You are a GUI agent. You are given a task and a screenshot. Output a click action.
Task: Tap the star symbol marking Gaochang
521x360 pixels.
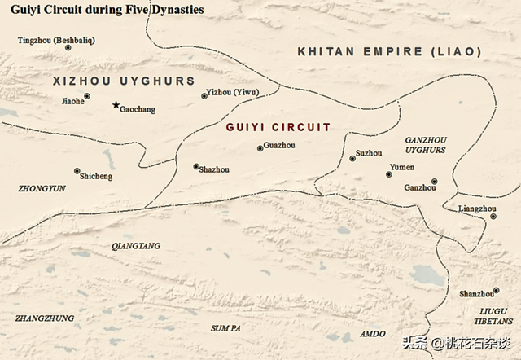116,105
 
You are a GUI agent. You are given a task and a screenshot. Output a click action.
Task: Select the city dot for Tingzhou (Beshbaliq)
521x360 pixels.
68,48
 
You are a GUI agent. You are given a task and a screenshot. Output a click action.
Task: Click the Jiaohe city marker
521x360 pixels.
87,96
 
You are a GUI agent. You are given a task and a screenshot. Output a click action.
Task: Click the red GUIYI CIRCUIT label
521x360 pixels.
278,127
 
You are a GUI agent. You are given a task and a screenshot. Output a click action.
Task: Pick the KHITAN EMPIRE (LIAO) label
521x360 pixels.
389,51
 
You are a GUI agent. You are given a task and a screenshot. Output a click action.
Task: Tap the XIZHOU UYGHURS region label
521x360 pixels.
124,81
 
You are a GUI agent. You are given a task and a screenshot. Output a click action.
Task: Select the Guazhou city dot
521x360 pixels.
260,148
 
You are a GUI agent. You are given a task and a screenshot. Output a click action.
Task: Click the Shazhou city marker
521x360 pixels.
196,166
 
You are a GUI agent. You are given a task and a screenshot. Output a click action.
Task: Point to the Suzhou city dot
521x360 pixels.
352,158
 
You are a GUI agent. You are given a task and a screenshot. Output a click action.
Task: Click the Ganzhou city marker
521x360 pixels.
435,181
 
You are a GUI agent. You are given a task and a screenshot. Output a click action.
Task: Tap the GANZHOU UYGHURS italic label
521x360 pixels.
426,145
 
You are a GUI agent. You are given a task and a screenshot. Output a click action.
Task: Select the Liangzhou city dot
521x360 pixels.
493,216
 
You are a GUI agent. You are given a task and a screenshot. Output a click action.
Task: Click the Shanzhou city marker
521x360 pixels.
496,290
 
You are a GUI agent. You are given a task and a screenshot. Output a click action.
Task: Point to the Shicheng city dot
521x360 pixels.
77,171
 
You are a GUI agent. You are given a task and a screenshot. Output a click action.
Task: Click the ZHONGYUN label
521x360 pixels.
42,188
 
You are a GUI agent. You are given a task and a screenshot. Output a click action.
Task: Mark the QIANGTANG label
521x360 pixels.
136,245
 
